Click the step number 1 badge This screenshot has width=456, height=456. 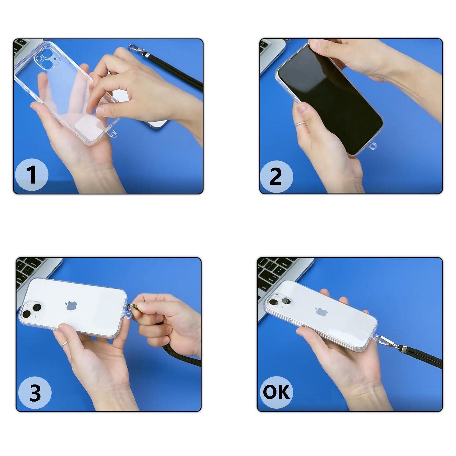click(31, 174)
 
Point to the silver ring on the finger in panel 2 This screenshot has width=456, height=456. click(300, 124)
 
